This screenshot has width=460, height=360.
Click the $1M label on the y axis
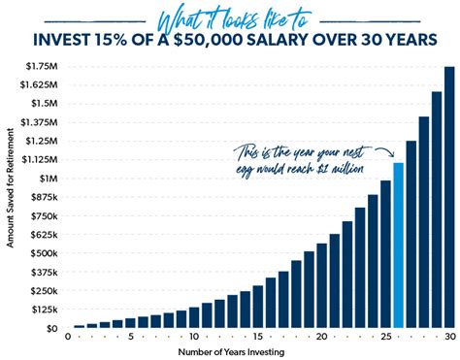coord(47,179)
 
